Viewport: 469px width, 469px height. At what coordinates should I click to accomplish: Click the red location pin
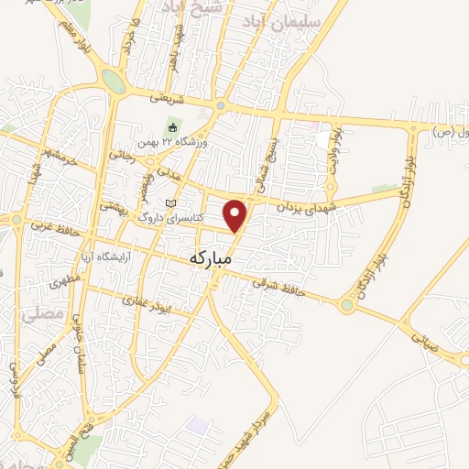tap(236, 215)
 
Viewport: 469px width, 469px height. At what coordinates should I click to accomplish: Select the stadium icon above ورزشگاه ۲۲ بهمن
tap(170, 127)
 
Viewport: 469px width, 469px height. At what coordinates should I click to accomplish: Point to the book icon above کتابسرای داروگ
tap(167, 202)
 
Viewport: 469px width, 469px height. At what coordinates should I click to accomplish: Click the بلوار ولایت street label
tap(334, 149)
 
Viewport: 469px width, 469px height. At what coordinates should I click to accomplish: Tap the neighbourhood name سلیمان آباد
tap(288, 20)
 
